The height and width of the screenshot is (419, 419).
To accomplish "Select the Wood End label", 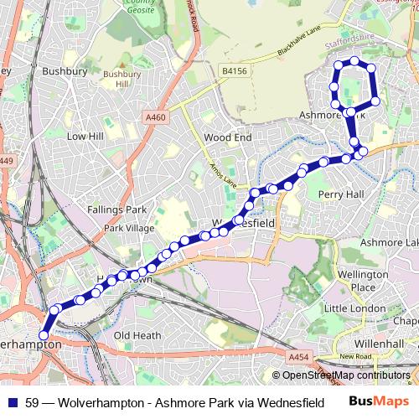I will [x=227, y=137].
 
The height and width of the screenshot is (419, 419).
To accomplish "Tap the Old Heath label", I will [x=137, y=335].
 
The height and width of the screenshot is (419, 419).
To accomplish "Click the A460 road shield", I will [x=156, y=117].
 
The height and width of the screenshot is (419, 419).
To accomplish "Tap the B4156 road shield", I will [x=236, y=73].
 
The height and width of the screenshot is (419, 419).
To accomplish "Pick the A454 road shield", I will [x=299, y=357].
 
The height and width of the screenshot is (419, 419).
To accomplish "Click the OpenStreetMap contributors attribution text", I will [x=346, y=375].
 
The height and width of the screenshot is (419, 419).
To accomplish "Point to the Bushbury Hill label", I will [x=116, y=80].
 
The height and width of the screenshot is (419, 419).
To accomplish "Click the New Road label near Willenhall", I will [x=355, y=357].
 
